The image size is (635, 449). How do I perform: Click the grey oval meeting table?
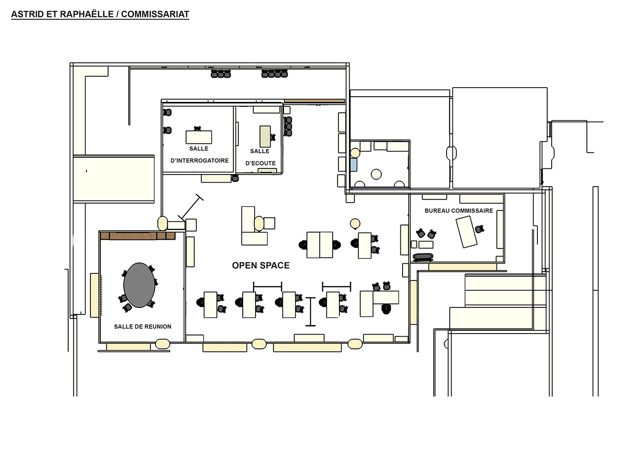click(139, 285)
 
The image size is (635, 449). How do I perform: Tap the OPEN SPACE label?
click(261, 265)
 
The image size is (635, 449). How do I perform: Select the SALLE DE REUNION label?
click(142, 327)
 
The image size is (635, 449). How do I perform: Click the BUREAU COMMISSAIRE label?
click(459, 211)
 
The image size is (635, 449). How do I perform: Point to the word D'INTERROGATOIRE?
click(199, 160)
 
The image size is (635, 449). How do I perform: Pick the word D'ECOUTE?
click(261, 163)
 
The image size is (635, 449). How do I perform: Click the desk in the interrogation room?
click(199, 137)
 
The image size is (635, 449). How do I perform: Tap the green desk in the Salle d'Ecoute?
click(265, 136)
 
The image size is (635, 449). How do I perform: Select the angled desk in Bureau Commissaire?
click(466, 232)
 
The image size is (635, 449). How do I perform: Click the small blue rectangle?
click(353, 164)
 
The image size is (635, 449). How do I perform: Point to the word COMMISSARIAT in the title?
click(155, 14)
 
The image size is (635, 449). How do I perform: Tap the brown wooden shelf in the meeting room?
click(138, 236)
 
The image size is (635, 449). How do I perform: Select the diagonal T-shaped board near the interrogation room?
click(191, 207)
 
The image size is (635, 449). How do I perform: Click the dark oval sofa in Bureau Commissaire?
click(423, 257)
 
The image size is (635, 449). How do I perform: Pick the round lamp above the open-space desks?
click(355, 224)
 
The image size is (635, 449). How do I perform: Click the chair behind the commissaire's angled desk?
click(480, 229)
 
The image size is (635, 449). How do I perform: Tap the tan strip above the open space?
click(314, 101)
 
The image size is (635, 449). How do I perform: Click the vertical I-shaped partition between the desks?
click(311, 312)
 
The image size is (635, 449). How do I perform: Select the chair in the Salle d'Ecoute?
click(273, 137)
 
